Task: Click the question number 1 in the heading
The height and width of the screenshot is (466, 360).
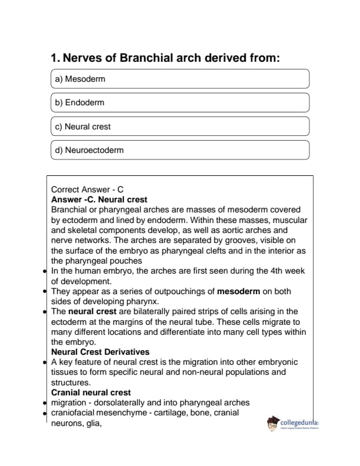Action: click(55, 58)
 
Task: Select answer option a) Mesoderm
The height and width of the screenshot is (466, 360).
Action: click(180, 79)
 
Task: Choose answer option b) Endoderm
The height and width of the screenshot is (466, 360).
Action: click(180, 102)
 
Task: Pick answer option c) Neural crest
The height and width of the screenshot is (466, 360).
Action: click(180, 127)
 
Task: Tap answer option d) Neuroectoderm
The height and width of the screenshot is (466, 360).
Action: click(180, 150)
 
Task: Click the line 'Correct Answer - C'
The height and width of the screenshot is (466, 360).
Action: click(88, 189)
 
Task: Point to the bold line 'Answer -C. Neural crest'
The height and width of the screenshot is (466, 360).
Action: click(99, 199)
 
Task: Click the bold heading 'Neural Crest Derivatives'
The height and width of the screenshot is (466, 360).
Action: click(100, 352)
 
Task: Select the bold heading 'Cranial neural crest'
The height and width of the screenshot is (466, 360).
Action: click(91, 392)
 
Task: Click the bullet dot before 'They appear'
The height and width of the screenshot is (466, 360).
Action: click(46, 292)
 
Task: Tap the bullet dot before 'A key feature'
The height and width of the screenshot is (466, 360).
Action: click(46, 362)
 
